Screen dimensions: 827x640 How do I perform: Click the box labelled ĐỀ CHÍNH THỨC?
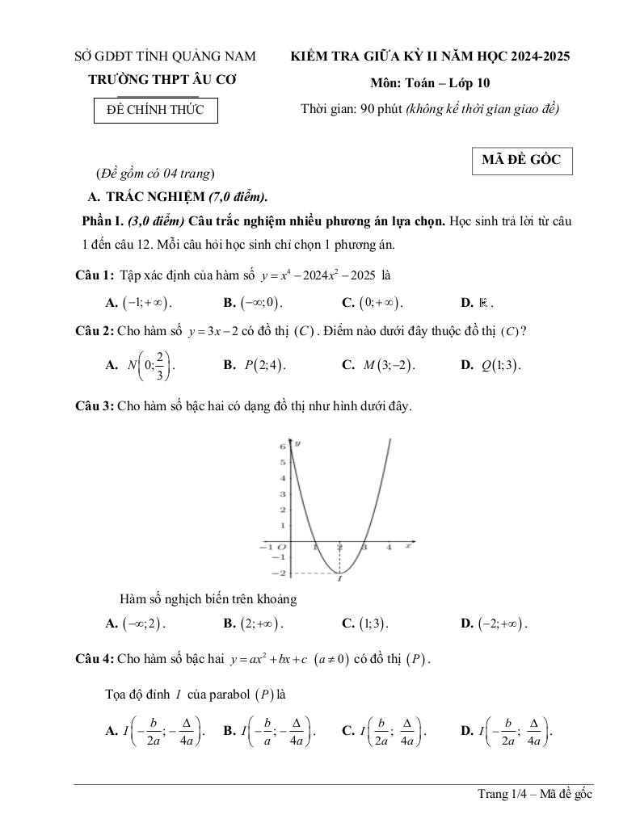click(x=155, y=111)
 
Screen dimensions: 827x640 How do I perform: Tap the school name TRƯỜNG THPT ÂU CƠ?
click(x=162, y=80)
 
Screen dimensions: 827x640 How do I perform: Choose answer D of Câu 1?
click(x=478, y=304)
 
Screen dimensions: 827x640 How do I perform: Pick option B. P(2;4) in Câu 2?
click(x=255, y=364)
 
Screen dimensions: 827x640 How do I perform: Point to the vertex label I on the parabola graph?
click(x=339, y=578)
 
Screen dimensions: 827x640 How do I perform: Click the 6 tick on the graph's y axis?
click(x=282, y=446)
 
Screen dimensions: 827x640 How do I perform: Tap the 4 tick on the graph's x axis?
click(x=389, y=548)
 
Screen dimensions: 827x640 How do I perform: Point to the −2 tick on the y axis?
click(x=281, y=573)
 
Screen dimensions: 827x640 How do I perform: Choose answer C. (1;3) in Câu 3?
click(x=365, y=623)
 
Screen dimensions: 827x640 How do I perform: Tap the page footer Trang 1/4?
click(x=534, y=795)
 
